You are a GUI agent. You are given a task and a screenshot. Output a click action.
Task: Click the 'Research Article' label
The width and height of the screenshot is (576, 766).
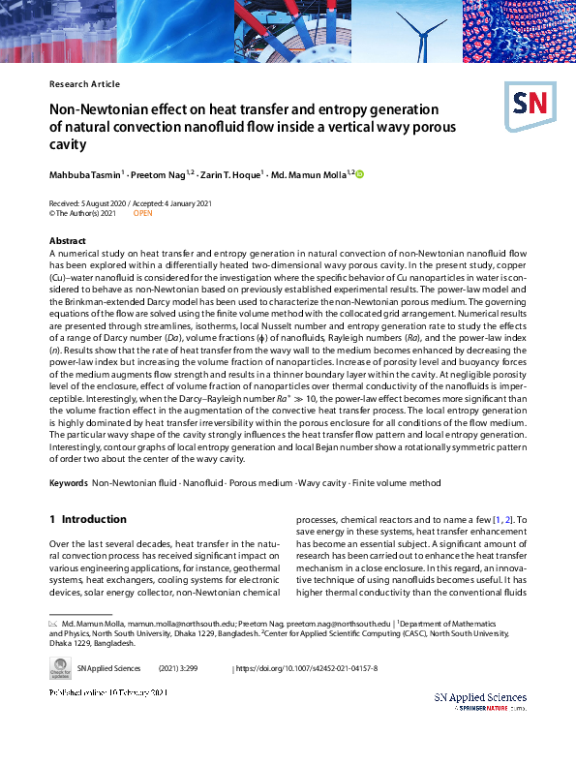pyautogui.click(x=84, y=84)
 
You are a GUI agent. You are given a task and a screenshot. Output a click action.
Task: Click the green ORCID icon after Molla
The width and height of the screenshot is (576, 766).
pyautogui.click(x=360, y=174)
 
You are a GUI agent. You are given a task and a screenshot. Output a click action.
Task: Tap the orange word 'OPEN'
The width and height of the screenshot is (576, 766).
pyautogui.click(x=142, y=212)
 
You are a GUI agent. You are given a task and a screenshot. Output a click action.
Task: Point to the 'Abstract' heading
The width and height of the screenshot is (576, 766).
pyautogui.click(x=67, y=239)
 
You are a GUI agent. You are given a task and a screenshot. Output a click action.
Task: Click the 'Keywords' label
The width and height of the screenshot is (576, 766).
pyautogui.click(x=68, y=481)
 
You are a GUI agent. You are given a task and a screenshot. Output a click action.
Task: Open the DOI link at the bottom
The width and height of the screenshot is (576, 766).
pyautogui.click(x=307, y=668)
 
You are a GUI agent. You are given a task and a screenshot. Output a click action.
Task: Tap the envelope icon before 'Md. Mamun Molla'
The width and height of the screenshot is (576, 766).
pyautogui.click(x=53, y=625)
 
